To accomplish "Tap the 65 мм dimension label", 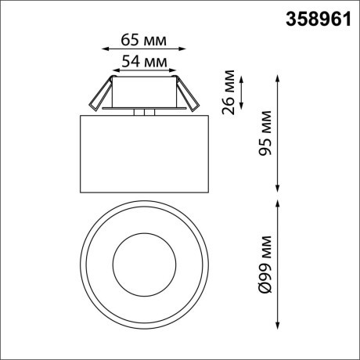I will [x=147, y=38].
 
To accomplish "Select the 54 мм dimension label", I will [x=147, y=60].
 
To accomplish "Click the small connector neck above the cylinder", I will [x=144, y=113].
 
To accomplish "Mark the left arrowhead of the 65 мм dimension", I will [x=106, y=49].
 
